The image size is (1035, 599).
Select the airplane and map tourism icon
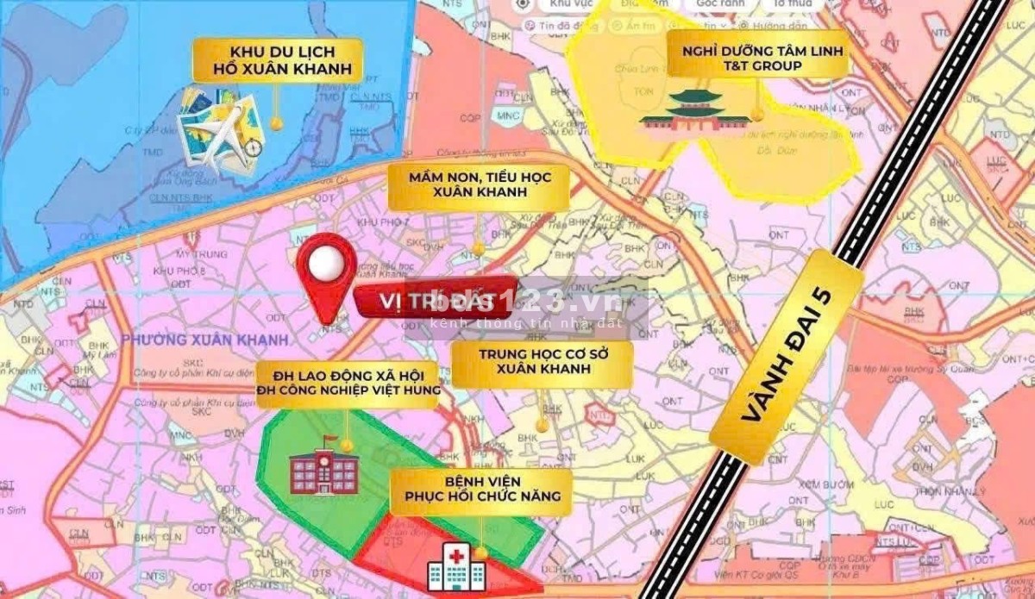[221, 129]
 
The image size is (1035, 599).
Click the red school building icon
[324, 471]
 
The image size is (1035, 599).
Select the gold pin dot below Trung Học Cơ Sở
[543, 425]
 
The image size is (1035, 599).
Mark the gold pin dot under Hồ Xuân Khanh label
[276, 123]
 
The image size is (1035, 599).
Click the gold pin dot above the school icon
[347, 446]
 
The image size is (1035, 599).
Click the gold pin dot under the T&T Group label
[757, 112]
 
